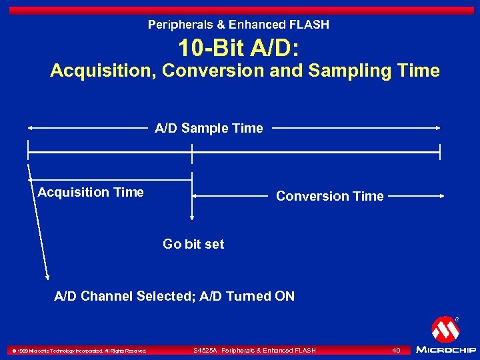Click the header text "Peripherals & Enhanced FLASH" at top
(x=239, y=25)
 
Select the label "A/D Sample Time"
(x=209, y=128)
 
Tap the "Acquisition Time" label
(x=91, y=192)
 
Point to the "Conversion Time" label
(x=330, y=196)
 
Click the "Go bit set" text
(x=193, y=244)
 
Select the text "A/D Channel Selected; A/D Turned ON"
(x=174, y=296)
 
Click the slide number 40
(x=396, y=350)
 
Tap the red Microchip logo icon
(x=445, y=329)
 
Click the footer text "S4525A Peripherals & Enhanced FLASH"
(x=255, y=350)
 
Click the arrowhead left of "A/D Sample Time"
(x=31, y=128)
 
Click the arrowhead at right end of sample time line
(x=437, y=128)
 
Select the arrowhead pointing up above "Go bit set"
(x=192, y=217)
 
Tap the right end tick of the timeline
(x=440, y=152)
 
